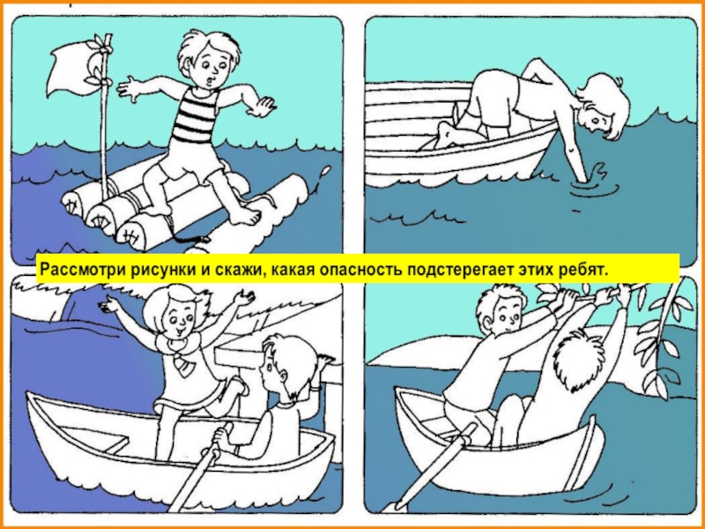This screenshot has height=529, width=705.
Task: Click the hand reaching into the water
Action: coord(587,175)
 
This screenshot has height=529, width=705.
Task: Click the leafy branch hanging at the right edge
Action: coord(662,338)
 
